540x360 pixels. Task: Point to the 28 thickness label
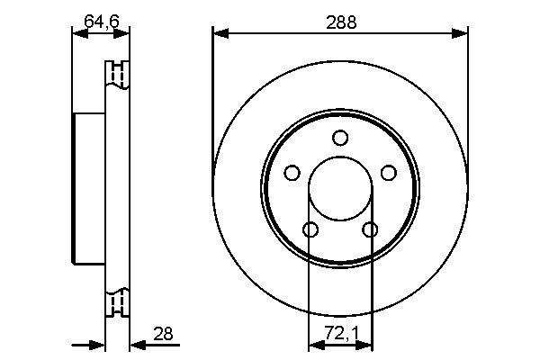click(x=164, y=336)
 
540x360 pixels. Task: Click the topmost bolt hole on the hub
click(x=339, y=138)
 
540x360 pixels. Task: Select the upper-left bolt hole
click(x=292, y=173)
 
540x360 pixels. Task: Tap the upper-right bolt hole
click(x=388, y=173)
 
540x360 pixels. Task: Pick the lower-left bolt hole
click(x=310, y=229)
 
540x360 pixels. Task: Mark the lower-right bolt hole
click(x=369, y=229)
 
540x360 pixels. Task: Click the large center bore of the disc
click(x=339, y=191)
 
